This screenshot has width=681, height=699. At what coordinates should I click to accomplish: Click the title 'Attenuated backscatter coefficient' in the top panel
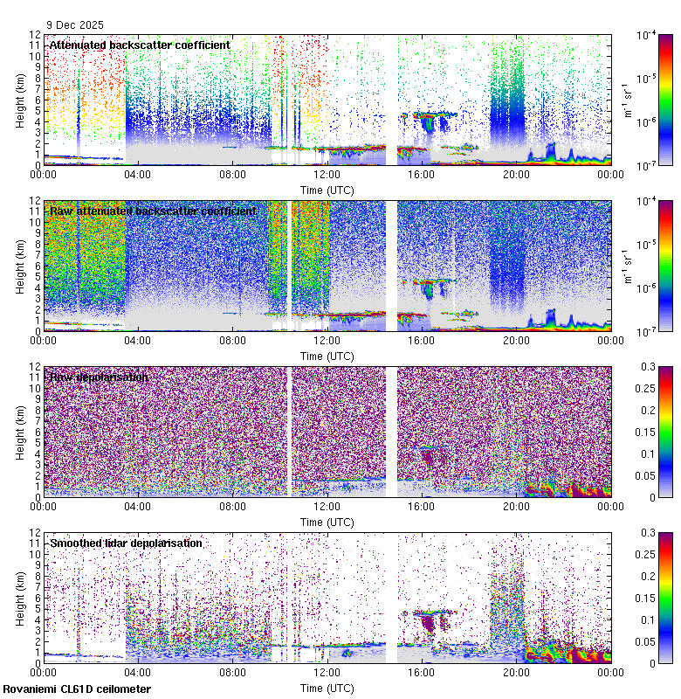[140, 45]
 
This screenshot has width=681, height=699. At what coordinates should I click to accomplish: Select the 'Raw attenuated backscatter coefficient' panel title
[153, 211]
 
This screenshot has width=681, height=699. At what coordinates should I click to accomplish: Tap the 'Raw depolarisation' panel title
[99, 377]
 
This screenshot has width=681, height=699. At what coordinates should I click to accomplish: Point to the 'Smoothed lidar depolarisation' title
[126, 543]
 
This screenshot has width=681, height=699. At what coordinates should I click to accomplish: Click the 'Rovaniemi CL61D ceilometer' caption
[76, 689]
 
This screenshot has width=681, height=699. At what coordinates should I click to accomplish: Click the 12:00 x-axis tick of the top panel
[327, 174]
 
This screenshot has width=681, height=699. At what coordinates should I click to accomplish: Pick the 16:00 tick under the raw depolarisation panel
[421, 506]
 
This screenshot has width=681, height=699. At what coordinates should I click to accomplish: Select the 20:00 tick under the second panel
[515, 340]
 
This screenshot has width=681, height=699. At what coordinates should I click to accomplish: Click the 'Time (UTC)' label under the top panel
[327, 190]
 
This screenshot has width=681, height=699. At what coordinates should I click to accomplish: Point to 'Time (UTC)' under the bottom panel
[327, 688]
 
